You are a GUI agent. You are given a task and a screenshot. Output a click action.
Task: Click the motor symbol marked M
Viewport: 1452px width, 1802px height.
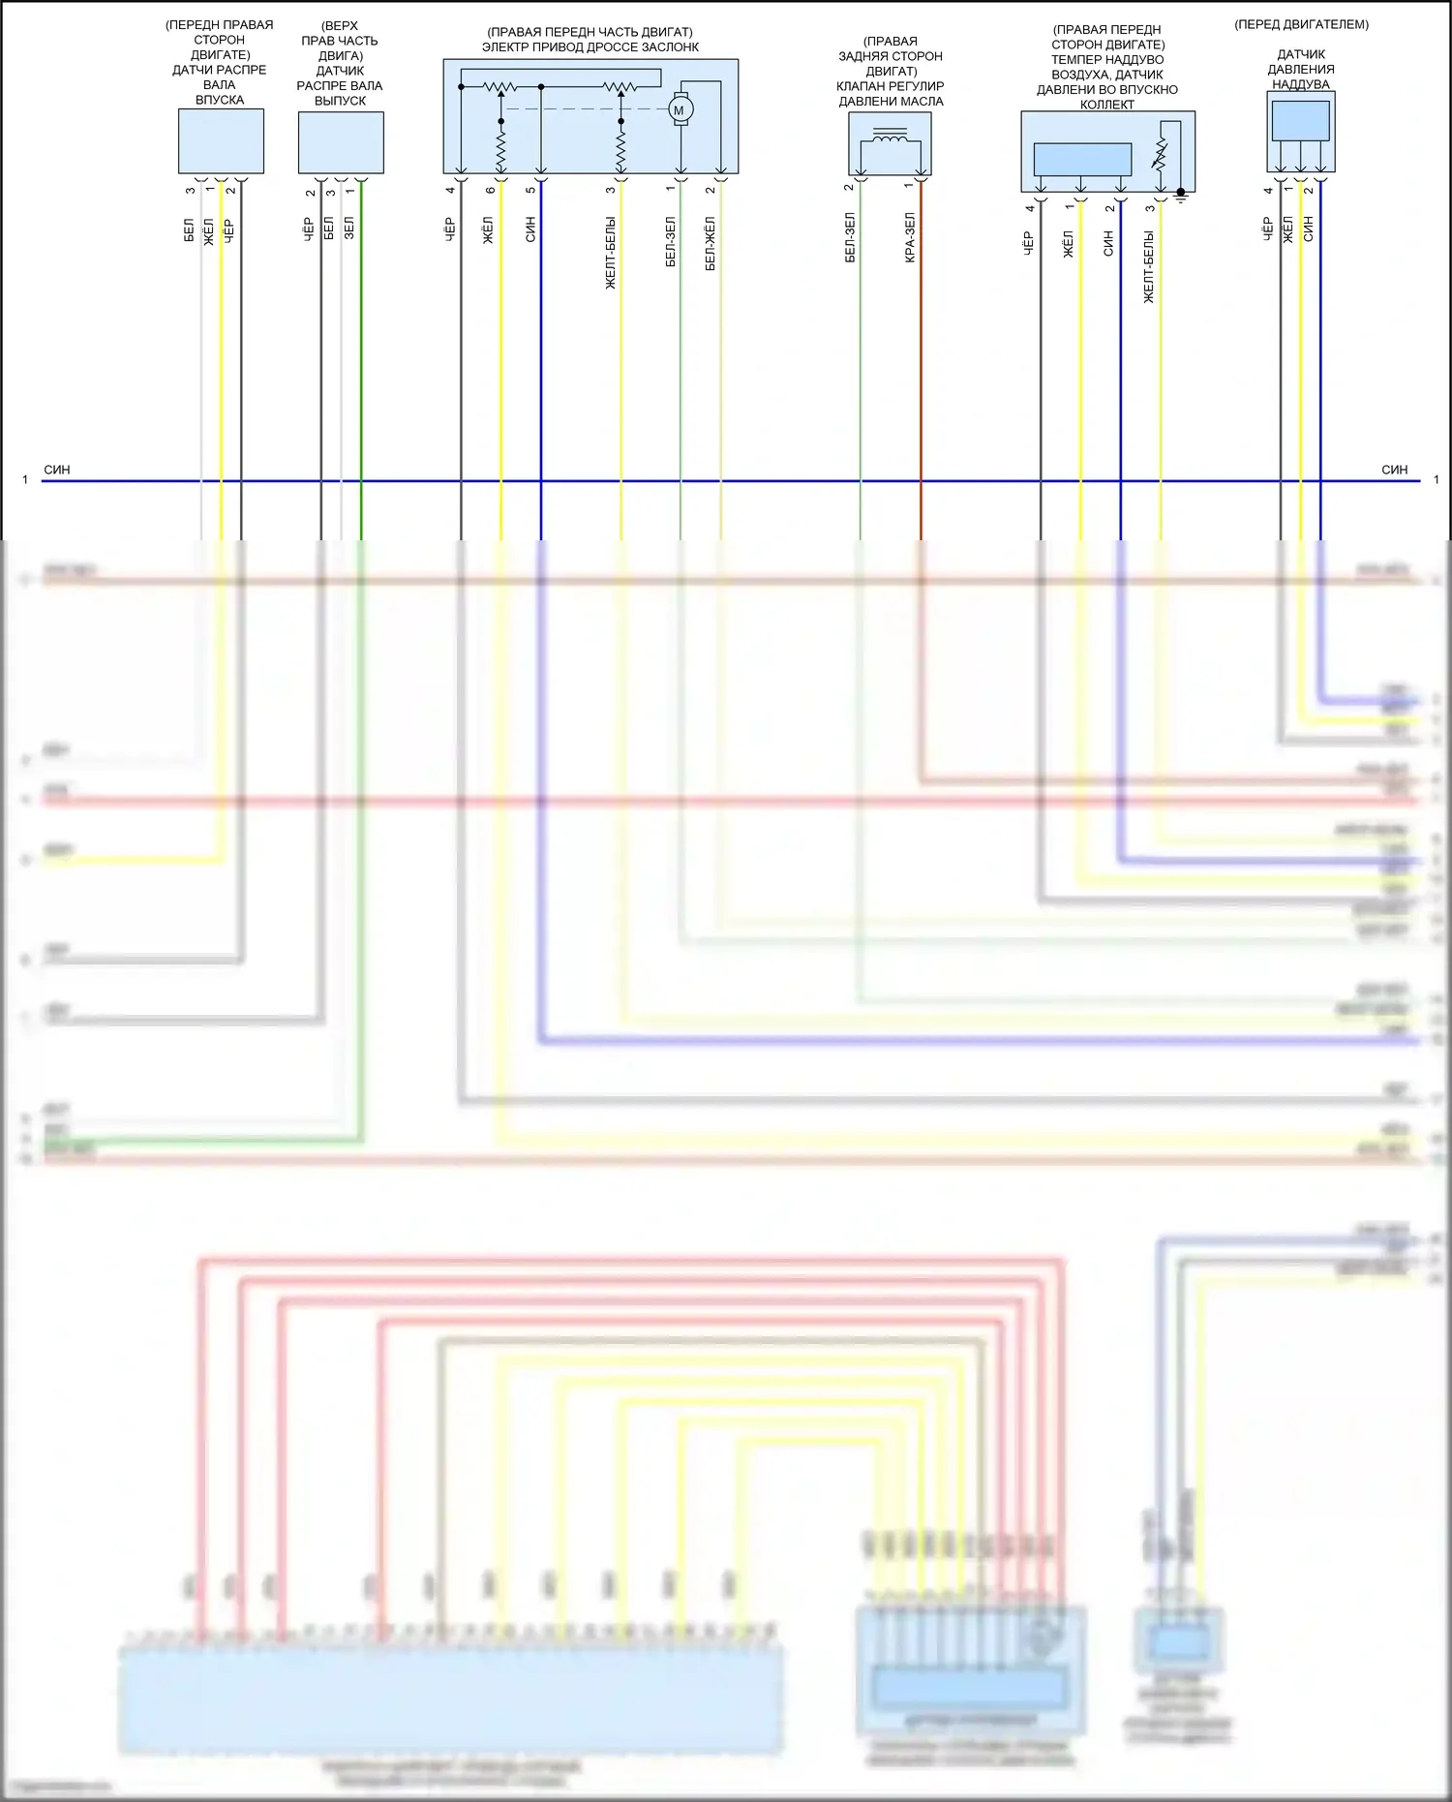[680, 109]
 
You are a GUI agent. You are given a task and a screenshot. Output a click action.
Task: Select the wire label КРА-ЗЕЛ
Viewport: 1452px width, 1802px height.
[910, 238]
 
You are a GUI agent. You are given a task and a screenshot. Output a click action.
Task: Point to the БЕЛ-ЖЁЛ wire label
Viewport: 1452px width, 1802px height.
[711, 244]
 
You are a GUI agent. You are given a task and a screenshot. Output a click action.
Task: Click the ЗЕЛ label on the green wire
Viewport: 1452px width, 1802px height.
[349, 228]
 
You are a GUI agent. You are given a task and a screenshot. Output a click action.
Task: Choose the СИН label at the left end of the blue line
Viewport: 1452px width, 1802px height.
[57, 470]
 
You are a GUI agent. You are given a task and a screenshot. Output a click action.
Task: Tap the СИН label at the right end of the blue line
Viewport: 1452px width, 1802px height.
[1394, 470]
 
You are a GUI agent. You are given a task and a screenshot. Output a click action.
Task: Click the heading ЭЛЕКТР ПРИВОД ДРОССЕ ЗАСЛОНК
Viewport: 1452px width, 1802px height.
[590, 47]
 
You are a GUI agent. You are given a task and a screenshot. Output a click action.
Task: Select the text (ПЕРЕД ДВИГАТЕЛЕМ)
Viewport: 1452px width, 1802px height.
[1301, 24]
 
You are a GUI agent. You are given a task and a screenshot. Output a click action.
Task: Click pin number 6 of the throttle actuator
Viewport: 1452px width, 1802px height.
[491, 189]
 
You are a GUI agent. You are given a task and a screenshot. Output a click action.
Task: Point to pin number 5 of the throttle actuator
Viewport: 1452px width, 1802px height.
[530, 189]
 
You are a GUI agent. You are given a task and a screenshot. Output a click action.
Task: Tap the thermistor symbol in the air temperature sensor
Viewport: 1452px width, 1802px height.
[1160, 154]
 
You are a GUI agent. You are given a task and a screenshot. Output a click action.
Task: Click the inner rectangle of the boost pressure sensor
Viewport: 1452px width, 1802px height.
[1300, 121]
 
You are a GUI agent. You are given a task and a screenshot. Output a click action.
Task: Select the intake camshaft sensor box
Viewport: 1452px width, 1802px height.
[221, 141]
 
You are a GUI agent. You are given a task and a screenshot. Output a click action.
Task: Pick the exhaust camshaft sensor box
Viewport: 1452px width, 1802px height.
[341, 142]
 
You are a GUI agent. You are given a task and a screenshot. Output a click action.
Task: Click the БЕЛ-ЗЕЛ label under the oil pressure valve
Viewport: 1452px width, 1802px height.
[850, 238]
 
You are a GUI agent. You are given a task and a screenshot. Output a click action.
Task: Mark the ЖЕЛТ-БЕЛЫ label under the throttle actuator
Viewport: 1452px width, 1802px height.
[611, 253]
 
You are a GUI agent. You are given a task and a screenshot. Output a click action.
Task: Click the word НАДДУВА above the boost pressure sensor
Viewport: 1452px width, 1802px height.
[1301, 84]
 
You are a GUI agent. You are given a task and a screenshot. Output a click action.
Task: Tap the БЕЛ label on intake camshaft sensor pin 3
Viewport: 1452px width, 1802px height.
[189, 230]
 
